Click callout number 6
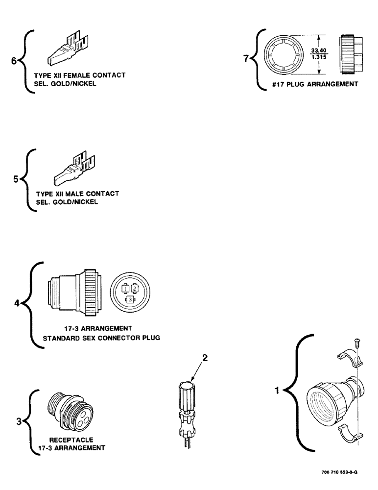[14, 61]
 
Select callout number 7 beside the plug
[246, 59]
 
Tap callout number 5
[16, 180]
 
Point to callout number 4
[17, 304]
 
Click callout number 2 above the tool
[205, 358]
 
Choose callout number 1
[277, 392]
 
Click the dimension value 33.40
[318, 49]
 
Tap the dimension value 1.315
[318, 57]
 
